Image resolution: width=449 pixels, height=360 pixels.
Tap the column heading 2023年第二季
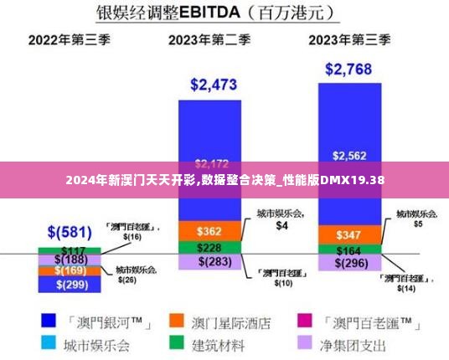[209, 39]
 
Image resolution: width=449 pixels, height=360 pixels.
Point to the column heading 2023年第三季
[349, 39]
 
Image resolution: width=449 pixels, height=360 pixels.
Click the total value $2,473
[214, 84]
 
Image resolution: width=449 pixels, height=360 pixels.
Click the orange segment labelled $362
[209, 230]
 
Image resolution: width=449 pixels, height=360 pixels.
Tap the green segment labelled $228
[209, 248]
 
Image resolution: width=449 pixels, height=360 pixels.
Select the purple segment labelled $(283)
[209, 263]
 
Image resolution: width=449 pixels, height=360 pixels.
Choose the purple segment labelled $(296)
[349, 263]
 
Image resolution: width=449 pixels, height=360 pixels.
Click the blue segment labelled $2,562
[349, 156]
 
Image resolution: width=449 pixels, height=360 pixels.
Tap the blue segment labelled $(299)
[70, 285]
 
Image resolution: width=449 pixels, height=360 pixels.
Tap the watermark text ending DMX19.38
[224, 180]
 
